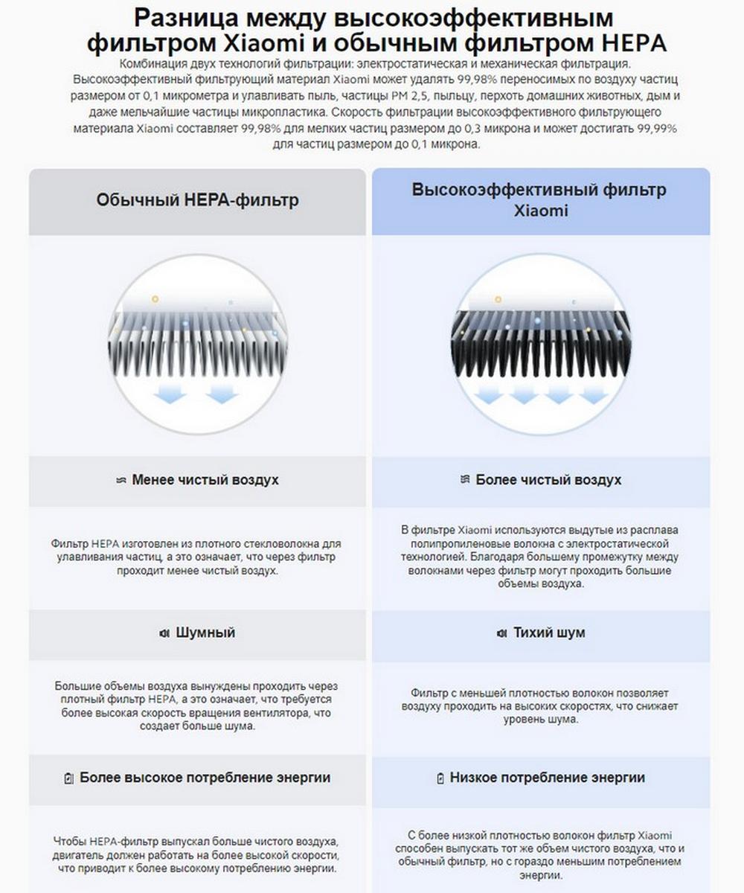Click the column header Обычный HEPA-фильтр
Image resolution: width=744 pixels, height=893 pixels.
(x=197, y=200)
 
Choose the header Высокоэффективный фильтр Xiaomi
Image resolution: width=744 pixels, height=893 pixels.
(x=541, y=199)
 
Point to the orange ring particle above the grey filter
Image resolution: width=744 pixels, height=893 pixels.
(x=155, y=298)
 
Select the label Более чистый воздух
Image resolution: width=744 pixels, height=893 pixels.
(x=548, y=480)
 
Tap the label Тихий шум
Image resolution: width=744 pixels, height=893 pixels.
(x=549, y=633)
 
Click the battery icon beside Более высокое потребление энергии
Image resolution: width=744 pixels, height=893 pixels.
(x=69, y=778)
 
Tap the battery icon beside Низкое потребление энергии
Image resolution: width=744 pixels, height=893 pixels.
(x=440, y=778)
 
